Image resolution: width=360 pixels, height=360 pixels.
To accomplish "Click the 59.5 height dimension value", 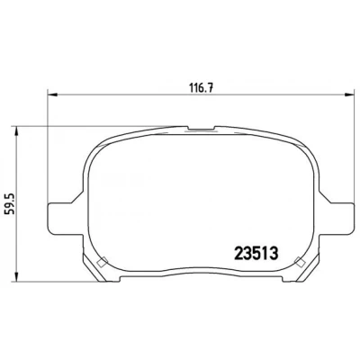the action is pos(11,203).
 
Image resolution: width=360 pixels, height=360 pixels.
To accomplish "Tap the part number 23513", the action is pos(256,254).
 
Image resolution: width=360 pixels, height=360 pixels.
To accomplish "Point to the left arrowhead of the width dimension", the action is pos(52,95).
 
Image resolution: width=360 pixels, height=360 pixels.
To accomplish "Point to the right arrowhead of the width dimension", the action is pos(348,95).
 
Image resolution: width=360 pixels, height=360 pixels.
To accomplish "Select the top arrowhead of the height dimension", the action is pos(17,130).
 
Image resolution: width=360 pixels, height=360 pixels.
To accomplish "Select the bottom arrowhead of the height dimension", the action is pos(17,277).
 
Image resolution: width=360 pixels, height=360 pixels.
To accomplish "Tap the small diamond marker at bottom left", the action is pos(102,262).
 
